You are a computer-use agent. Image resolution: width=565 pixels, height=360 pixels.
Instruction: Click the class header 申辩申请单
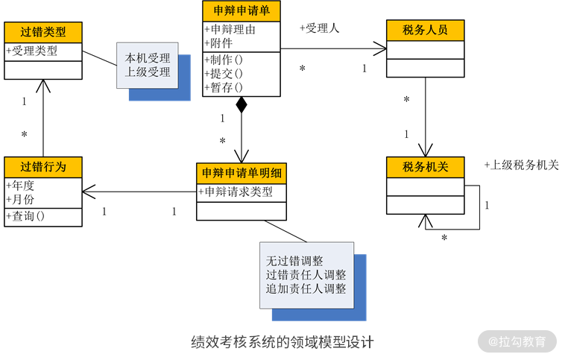[x=242, y=10]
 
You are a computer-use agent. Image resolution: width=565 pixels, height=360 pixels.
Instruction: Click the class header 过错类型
[x=42, y=32]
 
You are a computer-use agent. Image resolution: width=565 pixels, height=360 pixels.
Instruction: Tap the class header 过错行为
[x=42, y=167]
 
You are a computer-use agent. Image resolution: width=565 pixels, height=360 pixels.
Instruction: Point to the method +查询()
[x=25, y=216]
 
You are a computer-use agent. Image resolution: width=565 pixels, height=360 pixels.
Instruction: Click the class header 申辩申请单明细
[x=242, y=173]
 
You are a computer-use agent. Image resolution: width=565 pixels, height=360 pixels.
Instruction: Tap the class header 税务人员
[x=425, y=30]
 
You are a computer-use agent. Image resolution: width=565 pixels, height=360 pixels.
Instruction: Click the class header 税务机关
[x=425, y=167]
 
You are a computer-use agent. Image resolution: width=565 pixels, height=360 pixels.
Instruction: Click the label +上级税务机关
[x=521, y=165]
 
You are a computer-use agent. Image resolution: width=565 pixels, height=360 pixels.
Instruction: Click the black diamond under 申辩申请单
[x=242, y=104]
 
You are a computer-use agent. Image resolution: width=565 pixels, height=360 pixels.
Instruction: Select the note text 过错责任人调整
[x=306, y=275]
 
